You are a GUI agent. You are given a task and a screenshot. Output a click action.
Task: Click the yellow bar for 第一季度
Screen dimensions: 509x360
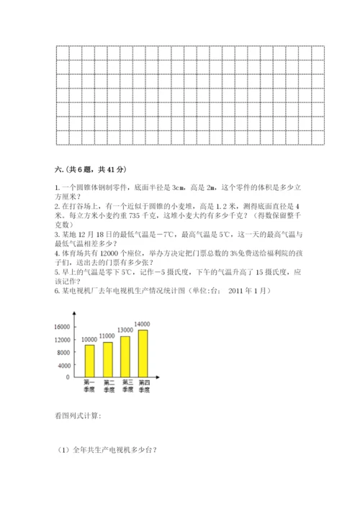[90, 361]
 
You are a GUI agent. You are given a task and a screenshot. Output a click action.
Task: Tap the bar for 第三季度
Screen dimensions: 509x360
[126, 356]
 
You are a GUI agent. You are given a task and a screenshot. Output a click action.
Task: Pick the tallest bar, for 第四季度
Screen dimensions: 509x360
[144, 353]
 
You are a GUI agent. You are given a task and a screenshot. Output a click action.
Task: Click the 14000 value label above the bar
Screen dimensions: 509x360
[142, 325]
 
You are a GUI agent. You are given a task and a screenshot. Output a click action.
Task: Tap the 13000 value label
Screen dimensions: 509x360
[125, 330]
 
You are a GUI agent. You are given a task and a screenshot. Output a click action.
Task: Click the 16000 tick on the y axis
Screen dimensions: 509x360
[61, 327]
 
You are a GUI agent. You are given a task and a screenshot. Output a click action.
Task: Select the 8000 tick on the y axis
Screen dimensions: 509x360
[63, 352]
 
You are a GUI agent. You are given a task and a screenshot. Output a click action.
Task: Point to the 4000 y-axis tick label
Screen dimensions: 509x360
[63, 364]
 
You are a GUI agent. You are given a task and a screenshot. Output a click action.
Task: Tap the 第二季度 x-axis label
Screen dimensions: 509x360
[109, 385]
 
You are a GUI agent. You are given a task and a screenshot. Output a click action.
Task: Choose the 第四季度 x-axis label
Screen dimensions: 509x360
[144, 385]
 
